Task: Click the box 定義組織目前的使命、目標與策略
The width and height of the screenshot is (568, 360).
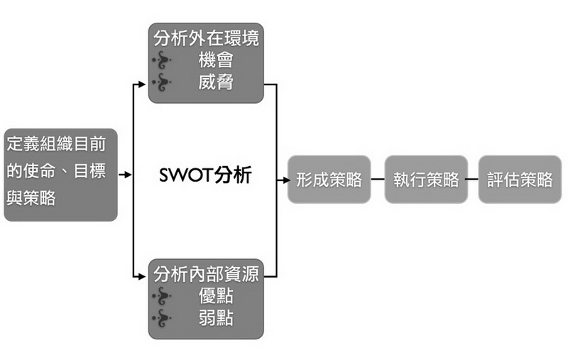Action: click(60, 175)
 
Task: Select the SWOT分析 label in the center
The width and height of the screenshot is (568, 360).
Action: click(205, 175)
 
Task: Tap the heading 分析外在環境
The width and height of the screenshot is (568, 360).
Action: click(206, 38)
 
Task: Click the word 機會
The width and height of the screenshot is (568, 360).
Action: click(216, 60)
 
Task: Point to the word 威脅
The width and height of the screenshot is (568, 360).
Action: click(216, 82)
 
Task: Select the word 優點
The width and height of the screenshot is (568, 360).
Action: click(216, 296)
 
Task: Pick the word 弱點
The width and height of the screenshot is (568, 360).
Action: click(216, 318)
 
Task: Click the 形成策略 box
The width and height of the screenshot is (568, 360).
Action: click(329, 180)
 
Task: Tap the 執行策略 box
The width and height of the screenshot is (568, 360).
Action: click(426, 180)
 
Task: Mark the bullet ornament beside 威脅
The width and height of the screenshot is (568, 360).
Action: click(163, 83)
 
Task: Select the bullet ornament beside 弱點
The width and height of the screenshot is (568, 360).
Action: click(163, 319)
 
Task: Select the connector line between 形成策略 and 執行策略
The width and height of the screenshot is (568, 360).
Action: click(377, 180)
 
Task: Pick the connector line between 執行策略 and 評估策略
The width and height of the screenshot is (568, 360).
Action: click(473, 180)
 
